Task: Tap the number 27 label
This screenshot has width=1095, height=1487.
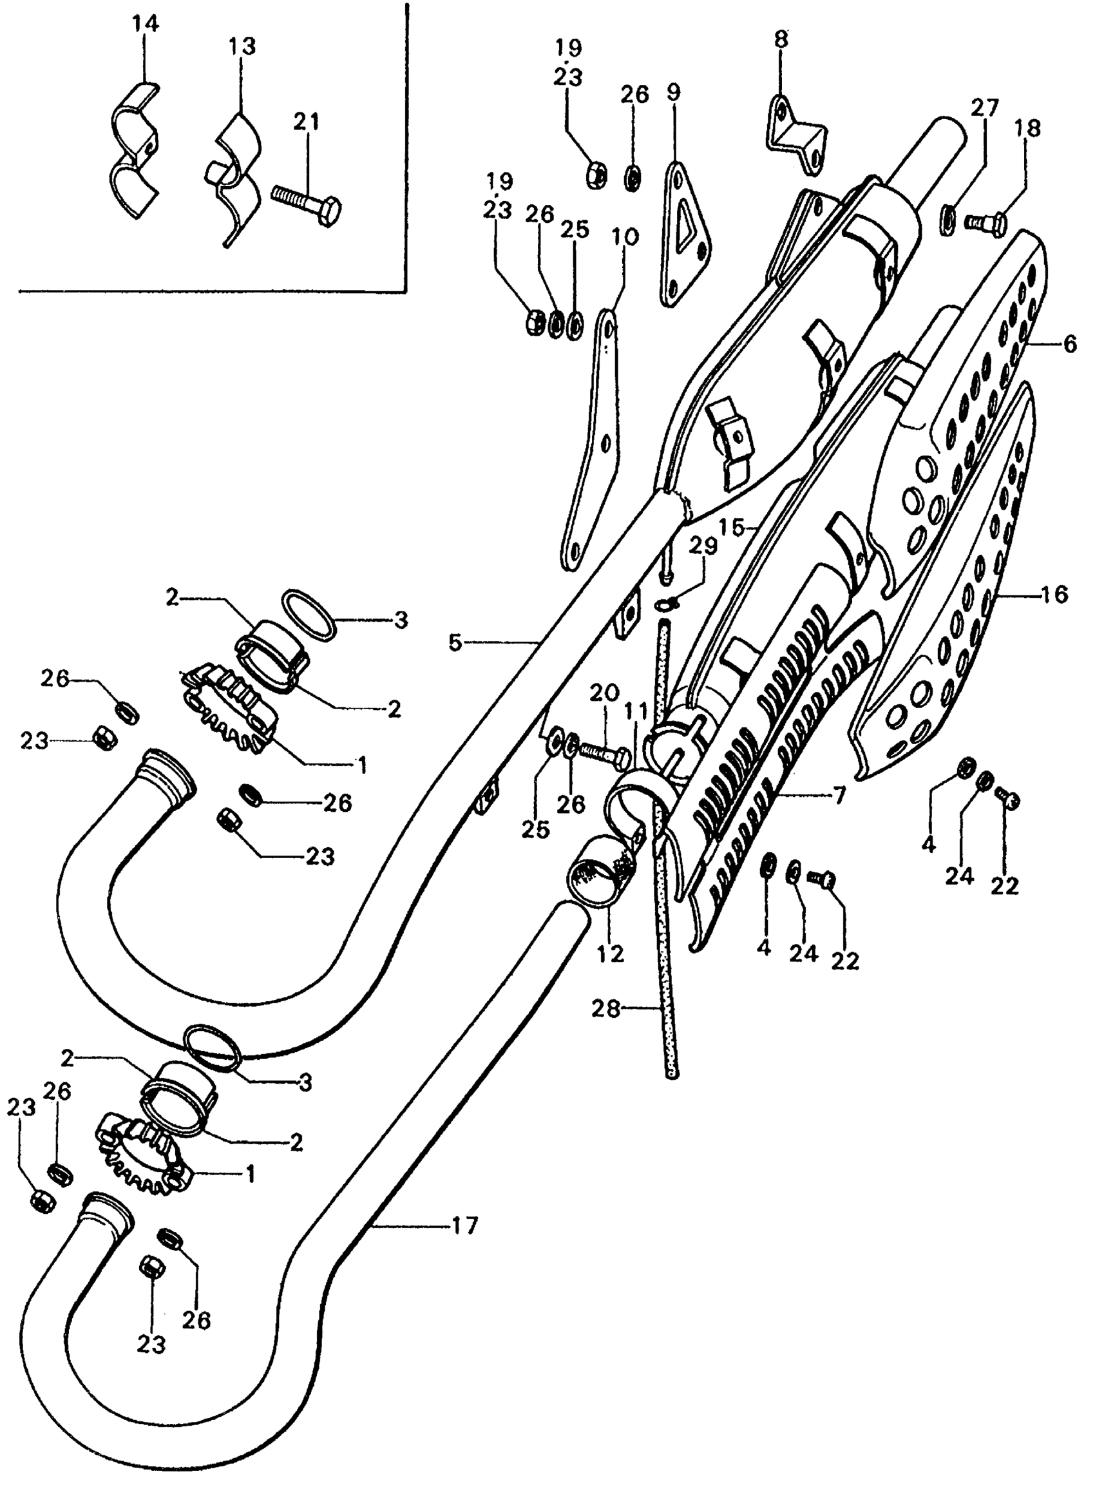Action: click(985, 108)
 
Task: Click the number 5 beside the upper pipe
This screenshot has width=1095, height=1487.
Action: click(455, 642)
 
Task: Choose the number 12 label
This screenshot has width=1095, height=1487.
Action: click(611, 954)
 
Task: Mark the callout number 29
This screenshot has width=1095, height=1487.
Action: click(703, 546)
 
